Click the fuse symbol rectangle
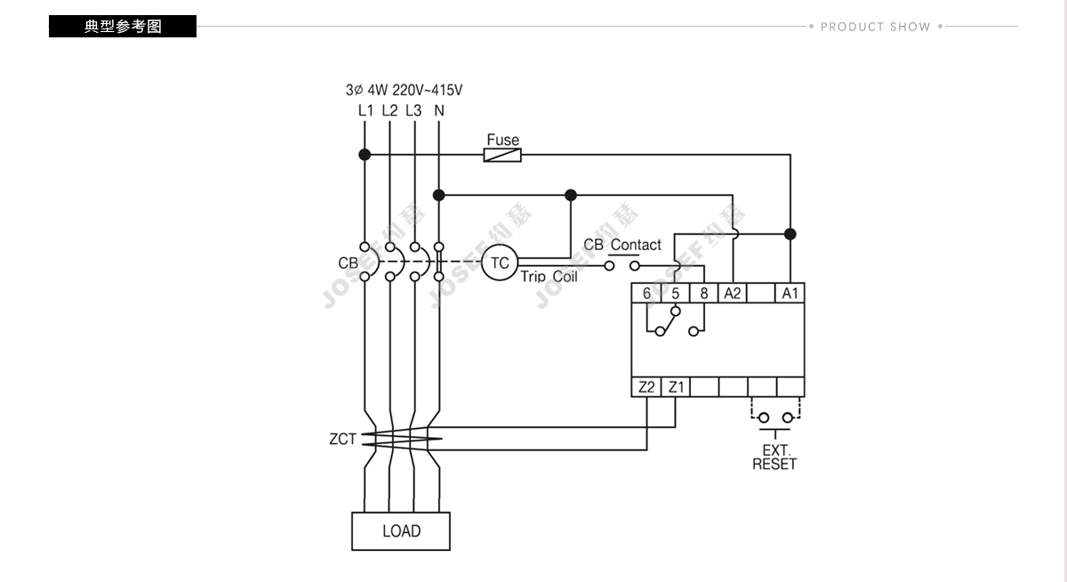[x=502, y=155]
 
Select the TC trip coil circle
[x=499, y=263]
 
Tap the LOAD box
[x=401, y=531]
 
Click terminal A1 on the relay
[x=790, y=293]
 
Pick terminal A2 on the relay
[x=733, y=293]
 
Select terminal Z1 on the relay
[x=676, y=387]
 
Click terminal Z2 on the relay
[x=646, y=387]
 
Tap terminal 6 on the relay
[x=646, y=293]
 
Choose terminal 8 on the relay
[x=704, y=293]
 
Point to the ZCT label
[x=342, y=439]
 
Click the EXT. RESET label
[x=774, y=457]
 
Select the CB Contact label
[x=622, y=245]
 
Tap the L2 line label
[x=389, y=110]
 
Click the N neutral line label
[x=438, y=110]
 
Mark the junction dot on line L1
[x=365, y=155]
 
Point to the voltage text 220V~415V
[x=428, y=90]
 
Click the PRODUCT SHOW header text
[x=876, y=27]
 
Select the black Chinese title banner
[x=123, y=26]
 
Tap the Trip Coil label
[x=549, y=277]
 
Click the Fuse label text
[x=503, y=140]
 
